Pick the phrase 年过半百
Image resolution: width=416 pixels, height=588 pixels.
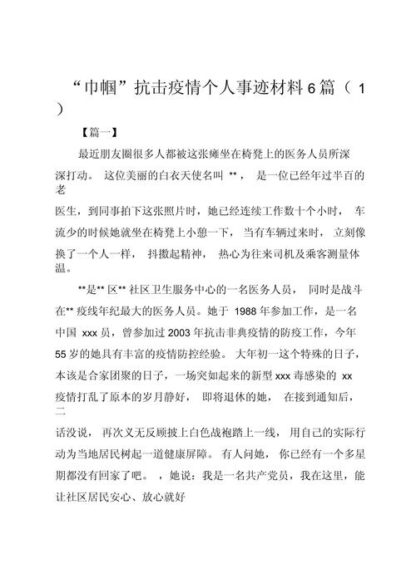337,176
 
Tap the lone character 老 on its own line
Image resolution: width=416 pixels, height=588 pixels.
60,190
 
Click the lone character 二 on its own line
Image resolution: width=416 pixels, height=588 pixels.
60,411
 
